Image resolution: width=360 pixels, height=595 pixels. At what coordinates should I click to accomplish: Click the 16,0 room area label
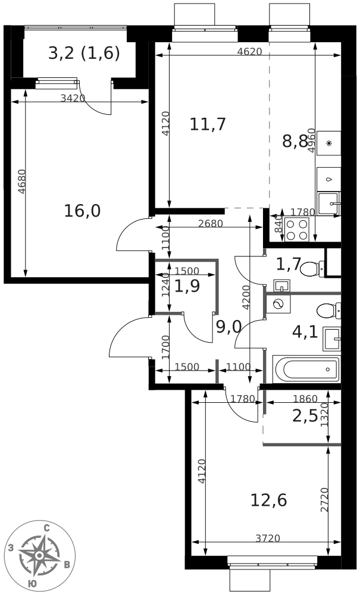point(82,211)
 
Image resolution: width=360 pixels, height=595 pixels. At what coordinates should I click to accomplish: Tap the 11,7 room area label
point(208,124)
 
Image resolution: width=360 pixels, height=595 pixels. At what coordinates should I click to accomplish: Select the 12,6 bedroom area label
point(268,500)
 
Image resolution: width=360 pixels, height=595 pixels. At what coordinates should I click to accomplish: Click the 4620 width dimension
point(249,52)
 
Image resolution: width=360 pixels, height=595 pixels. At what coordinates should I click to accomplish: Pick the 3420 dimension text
point(73,98)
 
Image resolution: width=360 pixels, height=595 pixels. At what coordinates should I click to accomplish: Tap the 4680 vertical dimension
point(23,181)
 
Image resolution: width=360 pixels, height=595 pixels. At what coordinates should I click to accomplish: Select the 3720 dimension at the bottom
point(267,538)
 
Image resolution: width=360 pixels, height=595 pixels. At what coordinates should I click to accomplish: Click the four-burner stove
point(297,230)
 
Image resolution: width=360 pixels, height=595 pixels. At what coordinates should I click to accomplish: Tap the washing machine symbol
point(278,304)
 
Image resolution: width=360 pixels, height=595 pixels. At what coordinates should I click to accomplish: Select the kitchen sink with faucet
point(328,203)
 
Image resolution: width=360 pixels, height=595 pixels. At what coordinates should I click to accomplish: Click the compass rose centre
point(39,555)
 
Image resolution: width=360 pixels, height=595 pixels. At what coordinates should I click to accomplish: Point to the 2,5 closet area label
point(305,416)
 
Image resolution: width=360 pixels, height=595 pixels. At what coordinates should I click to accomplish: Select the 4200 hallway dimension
point(246,297)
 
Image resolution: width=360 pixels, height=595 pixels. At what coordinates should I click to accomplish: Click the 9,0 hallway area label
point(228,327)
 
